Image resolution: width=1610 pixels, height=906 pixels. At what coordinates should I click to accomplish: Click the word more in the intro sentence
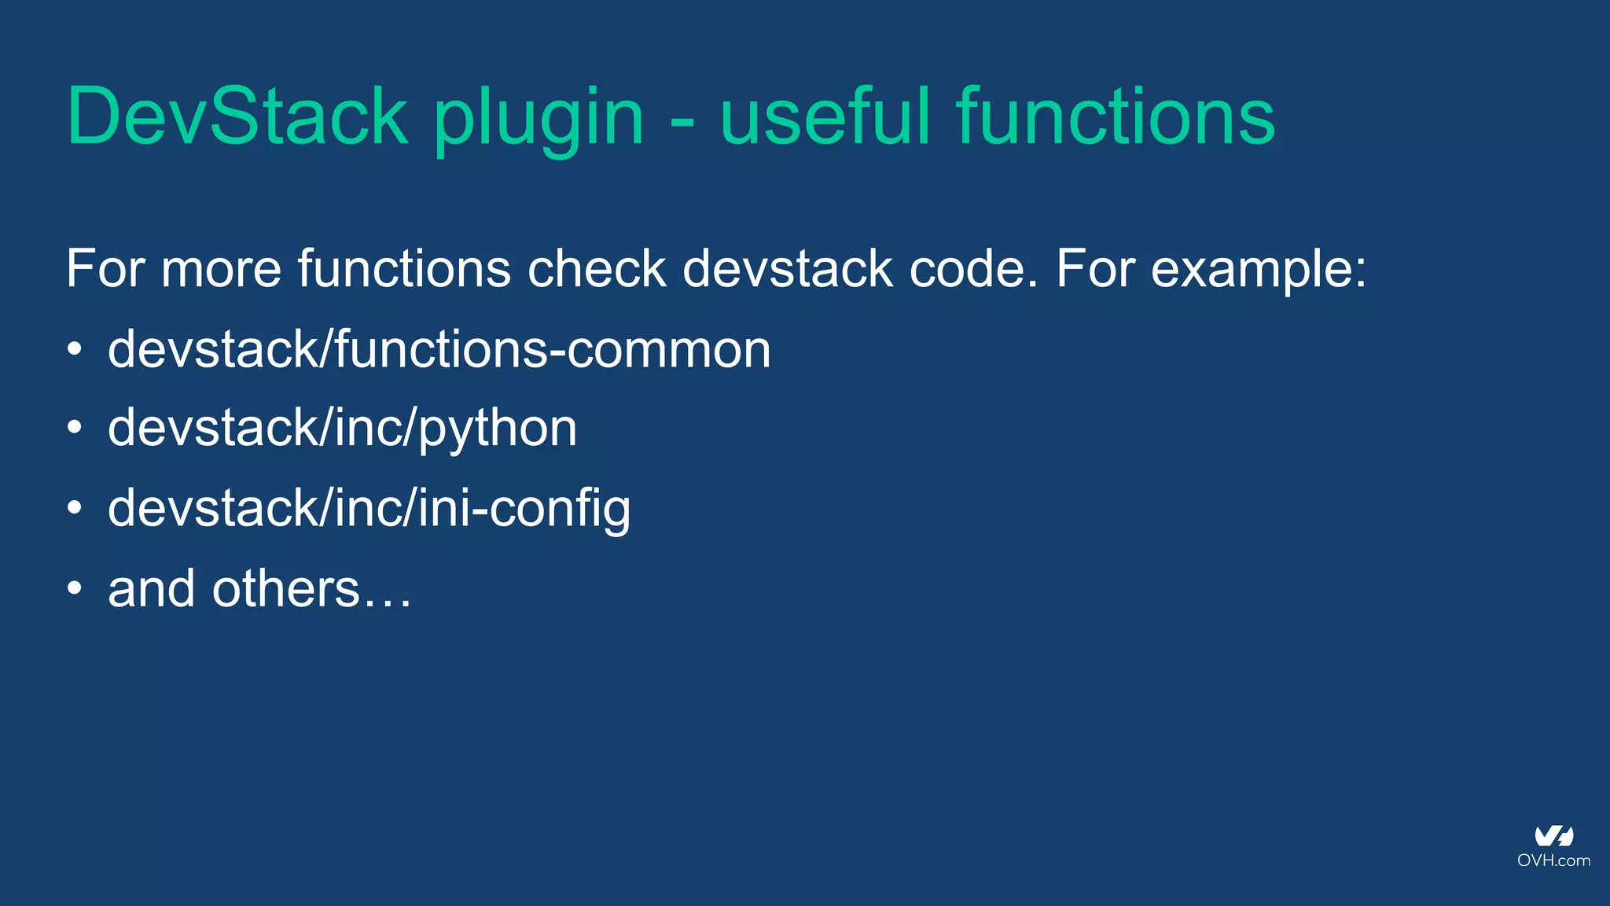point(221,270)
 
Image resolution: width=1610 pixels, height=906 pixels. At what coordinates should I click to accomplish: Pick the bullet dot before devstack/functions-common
point(75,348)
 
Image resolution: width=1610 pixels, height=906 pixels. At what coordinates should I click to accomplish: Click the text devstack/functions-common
point(439,349)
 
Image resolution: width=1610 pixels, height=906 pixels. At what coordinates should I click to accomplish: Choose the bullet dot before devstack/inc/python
point(75,428)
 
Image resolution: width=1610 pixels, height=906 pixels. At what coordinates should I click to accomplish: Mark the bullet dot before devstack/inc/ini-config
point(75,508)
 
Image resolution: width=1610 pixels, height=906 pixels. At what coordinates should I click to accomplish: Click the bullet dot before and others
point(75,588)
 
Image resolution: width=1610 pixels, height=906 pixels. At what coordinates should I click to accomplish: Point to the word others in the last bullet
point(285,588)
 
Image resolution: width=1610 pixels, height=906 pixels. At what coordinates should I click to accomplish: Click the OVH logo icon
point(1553,836)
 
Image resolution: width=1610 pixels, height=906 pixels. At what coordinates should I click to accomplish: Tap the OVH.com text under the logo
point(1553,860)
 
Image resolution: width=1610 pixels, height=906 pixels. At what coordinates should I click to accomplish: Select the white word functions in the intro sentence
point(404,269)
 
